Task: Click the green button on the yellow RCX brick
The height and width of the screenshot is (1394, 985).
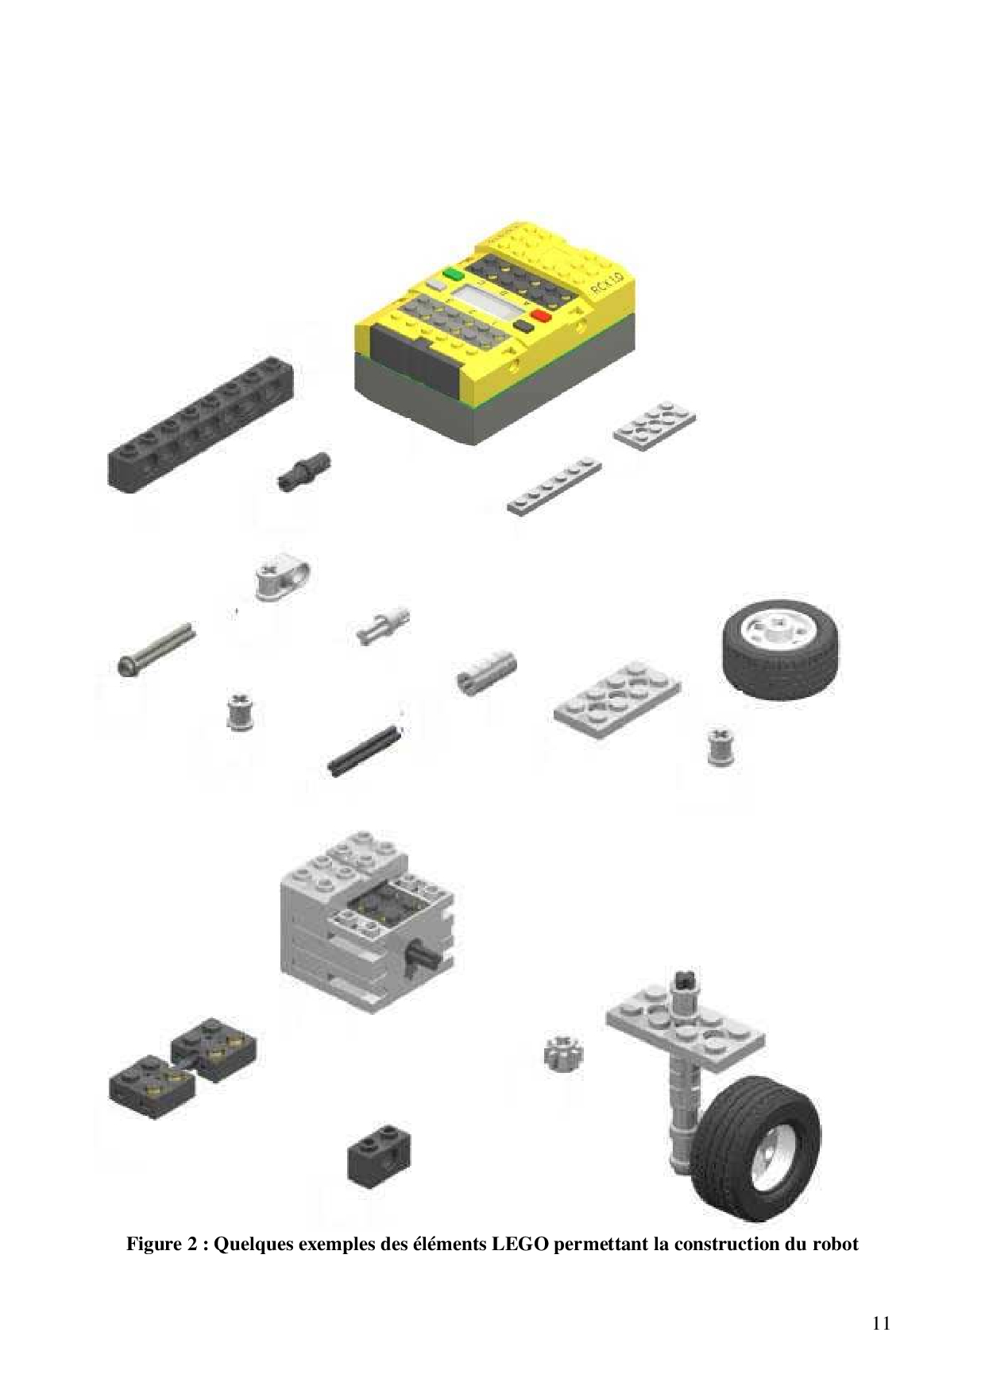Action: point(454,274)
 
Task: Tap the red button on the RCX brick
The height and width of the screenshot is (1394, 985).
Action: point(541,316)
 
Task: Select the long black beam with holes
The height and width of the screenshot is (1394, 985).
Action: point(200,424)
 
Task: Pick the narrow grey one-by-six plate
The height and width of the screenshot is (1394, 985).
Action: point(554,486)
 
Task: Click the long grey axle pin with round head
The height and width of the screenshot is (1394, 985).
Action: point(155,649)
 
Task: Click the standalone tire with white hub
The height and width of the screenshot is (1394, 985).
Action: point(780,649)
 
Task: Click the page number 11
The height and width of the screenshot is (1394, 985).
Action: point(881,1323)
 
